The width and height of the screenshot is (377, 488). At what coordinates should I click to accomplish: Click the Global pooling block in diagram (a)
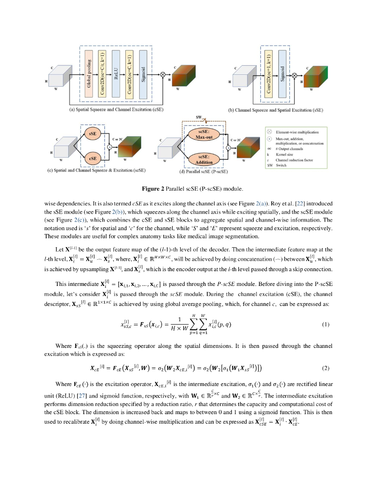pyautogui.click(x=89, y=73)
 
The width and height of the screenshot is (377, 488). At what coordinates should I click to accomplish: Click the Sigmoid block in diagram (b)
pyautogui.click(x=283, y=73)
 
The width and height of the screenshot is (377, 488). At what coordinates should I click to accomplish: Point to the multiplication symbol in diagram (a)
pyautogui.click(x=163, y=75)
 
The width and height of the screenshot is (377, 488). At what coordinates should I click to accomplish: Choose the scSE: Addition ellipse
pyautogui.click(x=204, y=160)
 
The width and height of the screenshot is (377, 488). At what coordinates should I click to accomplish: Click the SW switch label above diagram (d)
pyautogui.click(x=199, y=117)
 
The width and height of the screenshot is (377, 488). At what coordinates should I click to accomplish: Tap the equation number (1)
pyautogui.click(x=326, y=325)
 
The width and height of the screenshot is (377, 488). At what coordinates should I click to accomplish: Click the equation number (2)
pyautogui.click(x=326, y=368)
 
